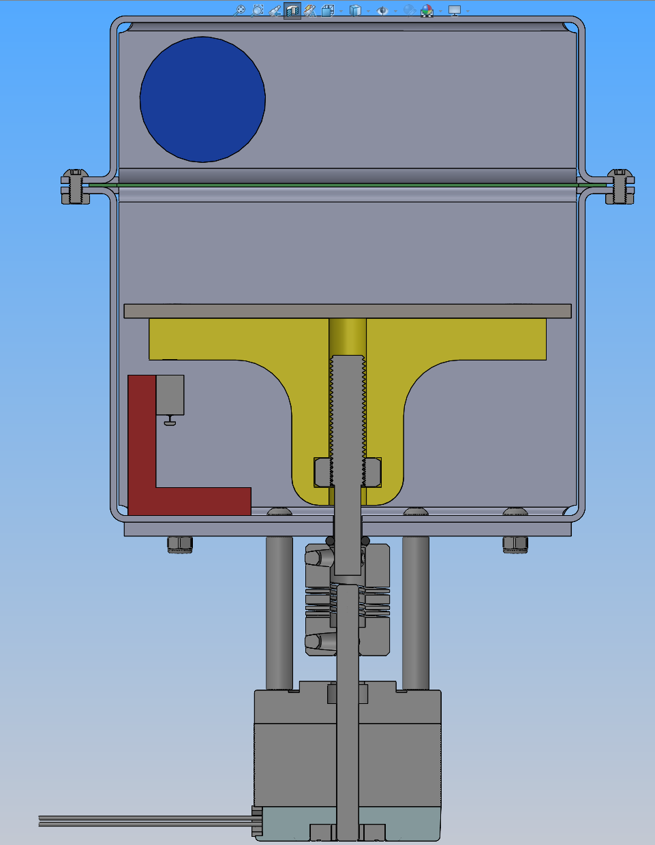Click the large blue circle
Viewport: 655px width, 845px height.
coord(202,99)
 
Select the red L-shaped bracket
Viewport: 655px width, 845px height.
coord(142,463)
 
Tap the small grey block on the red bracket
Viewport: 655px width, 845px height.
coord(170,395)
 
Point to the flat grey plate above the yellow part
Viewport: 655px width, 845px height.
coord(347,311)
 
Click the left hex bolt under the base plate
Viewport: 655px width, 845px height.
coord(180,544)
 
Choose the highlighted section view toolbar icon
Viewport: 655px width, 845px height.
coord(292,11)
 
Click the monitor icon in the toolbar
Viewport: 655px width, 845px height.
coord(455,11)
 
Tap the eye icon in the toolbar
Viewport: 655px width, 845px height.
coord(382,11)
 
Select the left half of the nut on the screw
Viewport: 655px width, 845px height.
coord(322,472)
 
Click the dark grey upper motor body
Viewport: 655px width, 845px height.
coord(293,750)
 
